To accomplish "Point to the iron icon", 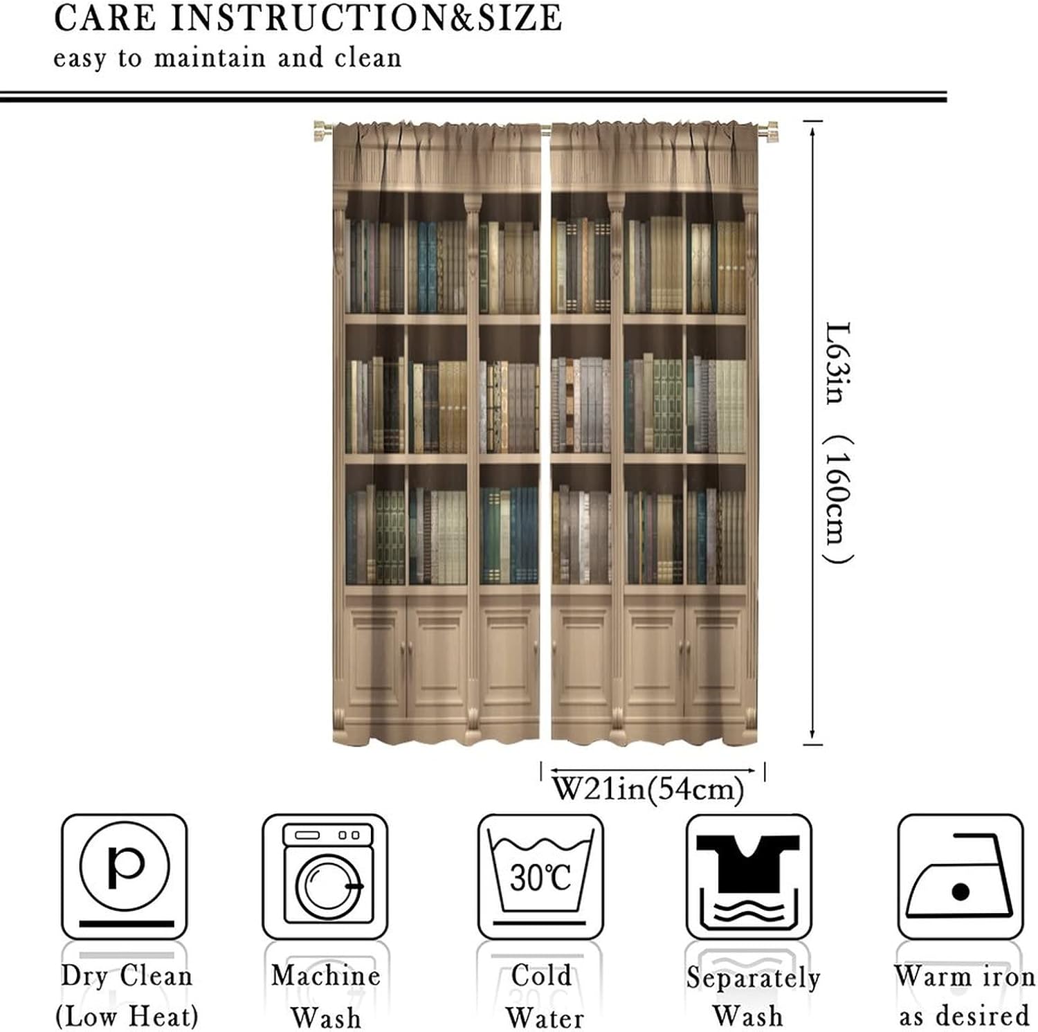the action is click(960, 878).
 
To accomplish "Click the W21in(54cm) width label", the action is click(648, 788).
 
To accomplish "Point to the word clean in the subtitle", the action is click(367, 57).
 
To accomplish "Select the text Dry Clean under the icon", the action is click(127, 976).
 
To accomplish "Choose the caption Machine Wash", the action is click(325, 996).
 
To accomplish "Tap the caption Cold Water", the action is click(543, 996).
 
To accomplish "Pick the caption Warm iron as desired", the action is click(964, 996).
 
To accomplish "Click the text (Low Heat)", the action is click(127, 1016).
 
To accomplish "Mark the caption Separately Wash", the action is click(753, 997).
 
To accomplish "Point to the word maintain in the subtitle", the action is click(209, 57).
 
